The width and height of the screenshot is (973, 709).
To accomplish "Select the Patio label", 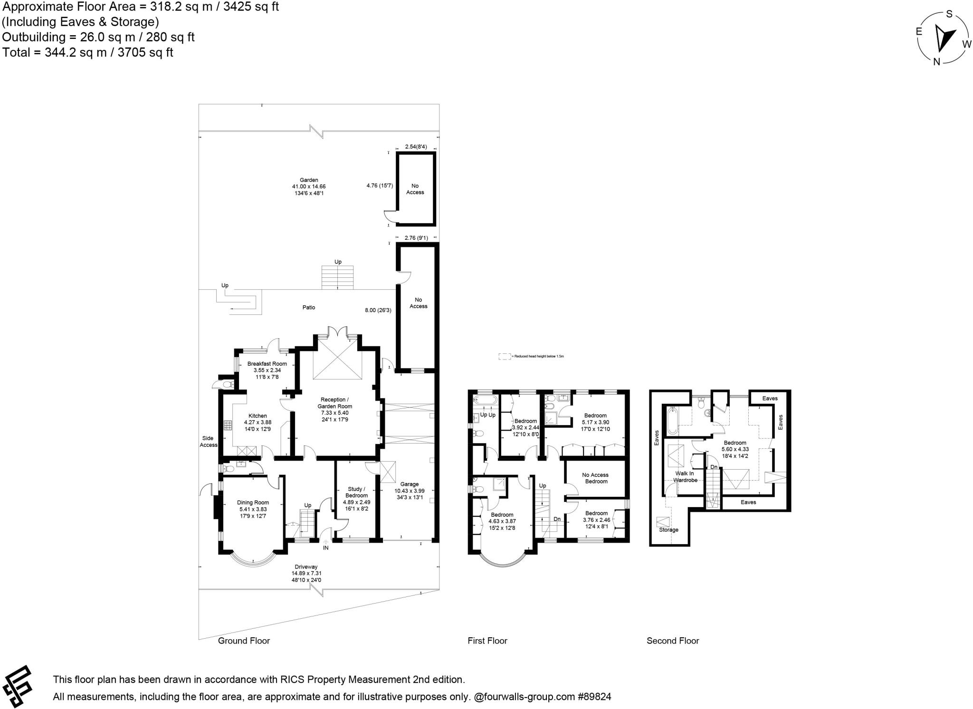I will click(x=309, y=307).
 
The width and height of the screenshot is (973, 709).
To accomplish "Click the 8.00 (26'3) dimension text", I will click(x=378, y=310).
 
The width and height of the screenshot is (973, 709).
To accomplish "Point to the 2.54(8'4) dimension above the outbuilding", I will click(x=416, y=147).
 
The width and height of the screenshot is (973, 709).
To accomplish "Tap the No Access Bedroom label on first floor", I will click(x=595, y=478).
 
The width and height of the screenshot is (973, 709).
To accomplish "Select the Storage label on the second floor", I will click(x=668, y=529).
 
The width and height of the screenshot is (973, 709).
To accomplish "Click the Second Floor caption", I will click(x=673, y=641).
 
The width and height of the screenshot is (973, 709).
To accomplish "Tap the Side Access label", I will click(x=208, y=442).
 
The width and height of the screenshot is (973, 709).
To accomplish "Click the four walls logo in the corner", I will click(x=17, y=687).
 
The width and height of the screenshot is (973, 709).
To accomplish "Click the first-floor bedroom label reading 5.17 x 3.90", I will click(x=595, y=422).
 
